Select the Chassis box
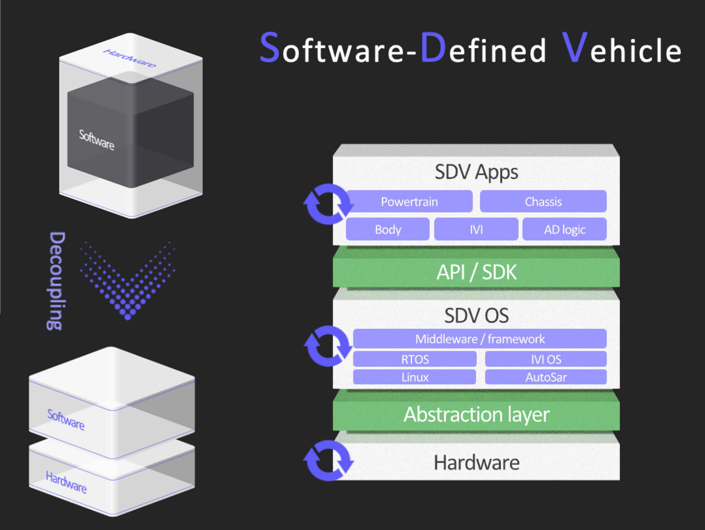click(x=543, y=201)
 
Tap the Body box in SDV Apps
click(x=388, y=229)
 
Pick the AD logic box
click(x=565, y=229)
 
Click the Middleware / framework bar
click(x=480, y=339)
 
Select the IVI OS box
click(x=546, y=359)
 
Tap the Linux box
click(x=415, y=377)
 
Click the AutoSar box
click(x=546, y=377)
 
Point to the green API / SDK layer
click(x=476, y=272)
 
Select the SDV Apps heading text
click(x=476, y=172)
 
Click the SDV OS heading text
click(x=476, y=316)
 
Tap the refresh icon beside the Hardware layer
click(x=328, y=461)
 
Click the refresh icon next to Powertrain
click(x=328, y=204)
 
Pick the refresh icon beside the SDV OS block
click(x=328, y=346)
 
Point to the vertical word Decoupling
click(x=56, y=281)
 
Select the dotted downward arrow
click(x=128, y=284)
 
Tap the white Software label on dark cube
click(x=96, y=140)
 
